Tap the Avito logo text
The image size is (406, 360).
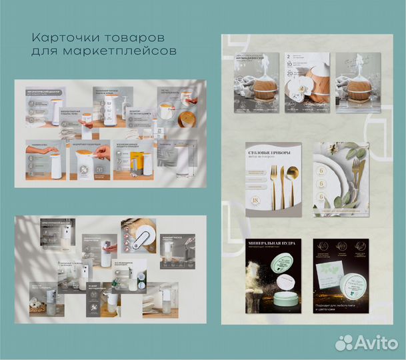[377, 343]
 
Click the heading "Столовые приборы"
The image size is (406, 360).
[273, 149]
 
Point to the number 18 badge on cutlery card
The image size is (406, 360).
[254, 199]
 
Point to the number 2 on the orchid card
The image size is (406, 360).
[289, 59]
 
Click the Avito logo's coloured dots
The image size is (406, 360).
[345, 343]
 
